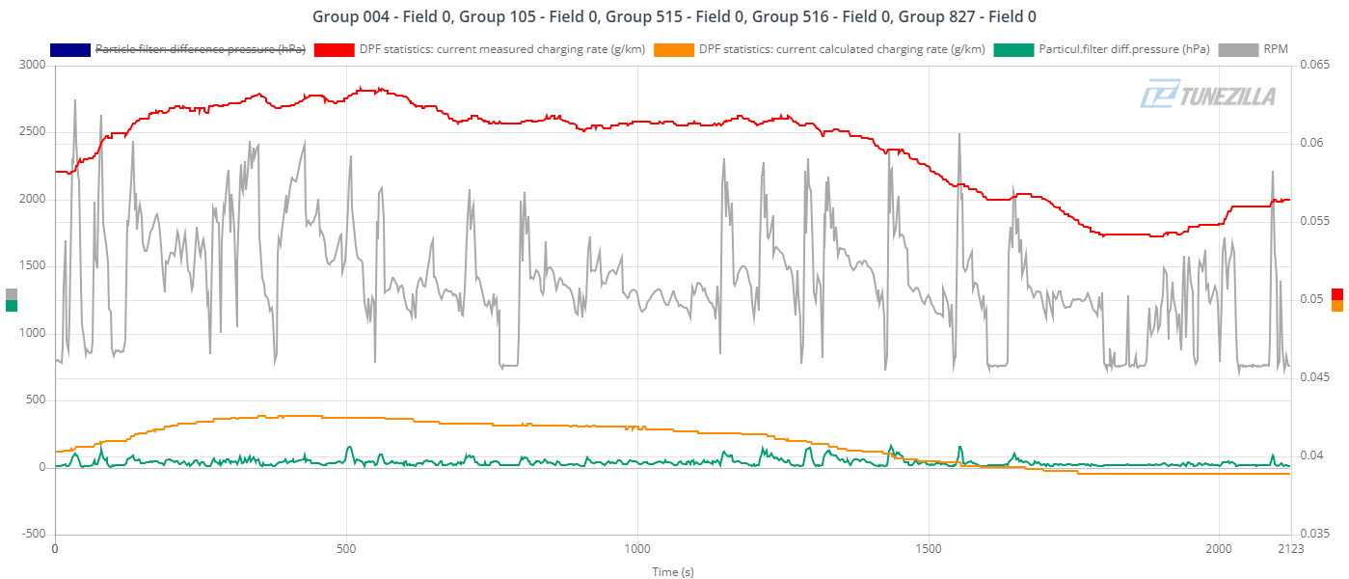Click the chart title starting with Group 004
tap(674, 16)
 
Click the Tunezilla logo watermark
tap(1208, 96)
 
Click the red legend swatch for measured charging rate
tap(334, 49)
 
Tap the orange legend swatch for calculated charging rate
tap(673, 49)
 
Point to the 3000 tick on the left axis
tap(32, 65)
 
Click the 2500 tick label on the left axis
tap(32, 132)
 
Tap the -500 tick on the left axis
tap(34, 534)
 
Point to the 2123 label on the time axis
tap(1290, 549)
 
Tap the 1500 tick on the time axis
tap(929, 549)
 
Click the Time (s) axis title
tap(672, 571)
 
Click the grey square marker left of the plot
tap(12, 294)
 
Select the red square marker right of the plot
tap(1337, 294)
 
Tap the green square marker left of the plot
tap(12, 306)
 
